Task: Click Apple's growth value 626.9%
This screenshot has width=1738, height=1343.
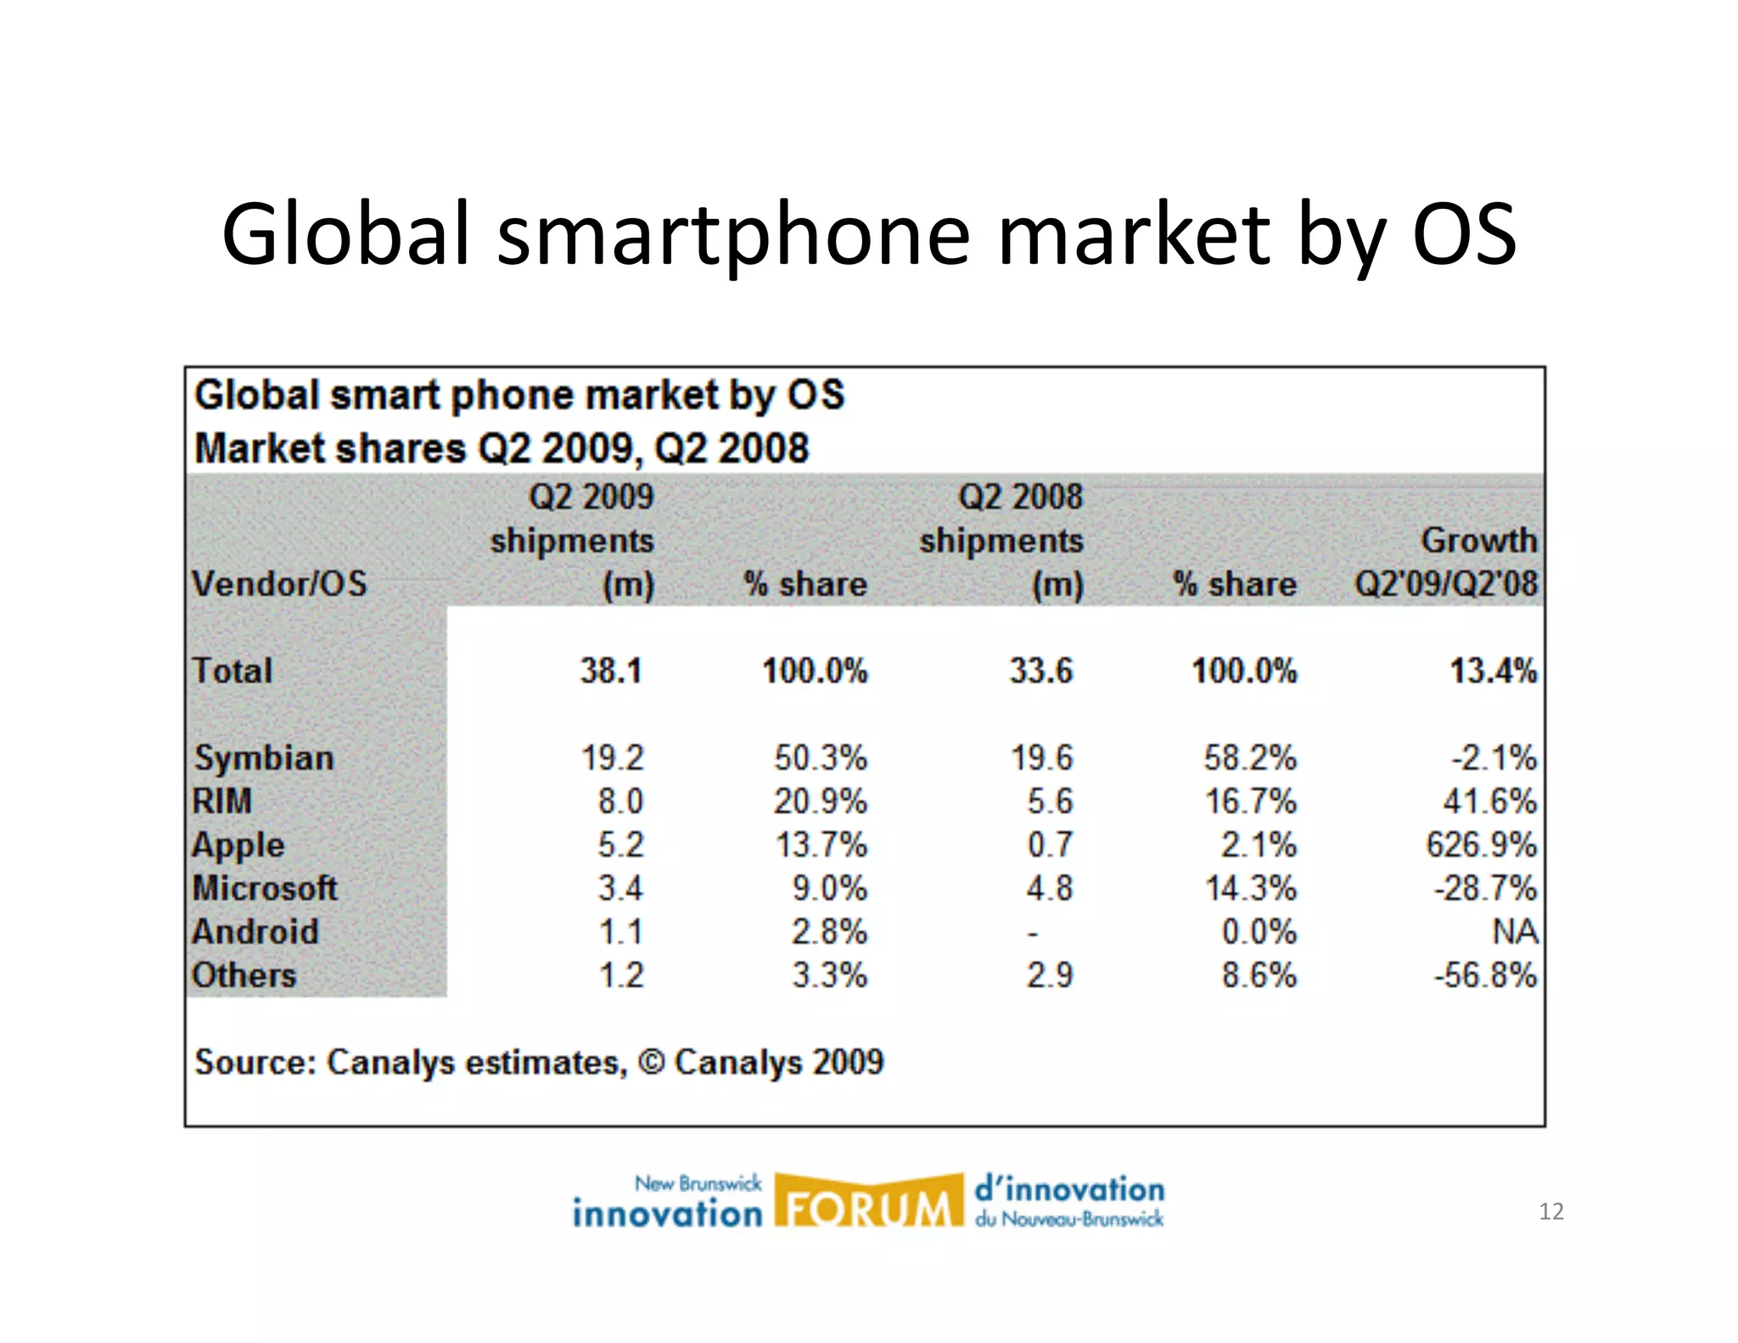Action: click(x=1481, y=845)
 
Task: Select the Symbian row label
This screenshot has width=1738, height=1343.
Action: click(x=264, y=758)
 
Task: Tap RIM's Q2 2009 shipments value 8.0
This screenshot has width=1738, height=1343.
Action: click(x=620, y=801)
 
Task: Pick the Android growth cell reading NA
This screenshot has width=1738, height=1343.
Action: click(x=1515, y=932)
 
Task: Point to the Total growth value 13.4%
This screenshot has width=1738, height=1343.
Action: click(x=1493, y=671)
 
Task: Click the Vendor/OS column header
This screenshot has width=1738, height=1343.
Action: click(x=279, y=584)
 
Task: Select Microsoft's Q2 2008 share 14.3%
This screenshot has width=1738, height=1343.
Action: click(x=1251, y=889)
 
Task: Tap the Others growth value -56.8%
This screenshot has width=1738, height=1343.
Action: click(x=1485, y=975)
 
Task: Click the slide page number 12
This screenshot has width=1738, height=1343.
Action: click(x=1550, y=1211)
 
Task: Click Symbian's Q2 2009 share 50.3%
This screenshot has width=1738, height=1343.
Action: click(x=820, y=758)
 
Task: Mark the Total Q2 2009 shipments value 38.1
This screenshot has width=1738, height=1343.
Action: click(x=611, y=671)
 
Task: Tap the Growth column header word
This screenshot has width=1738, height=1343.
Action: click(x=1478, y=540)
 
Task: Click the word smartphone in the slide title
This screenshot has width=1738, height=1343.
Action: click(x=733, y=234)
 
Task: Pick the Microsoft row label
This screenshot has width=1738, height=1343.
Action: click(x=265, y=889)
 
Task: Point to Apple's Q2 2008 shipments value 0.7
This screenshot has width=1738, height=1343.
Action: click(x=1050, y=845)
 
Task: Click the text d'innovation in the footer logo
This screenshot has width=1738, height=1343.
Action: click(x=1069, y=1189)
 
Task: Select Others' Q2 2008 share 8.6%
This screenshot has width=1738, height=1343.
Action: click(x=1259, y=975)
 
